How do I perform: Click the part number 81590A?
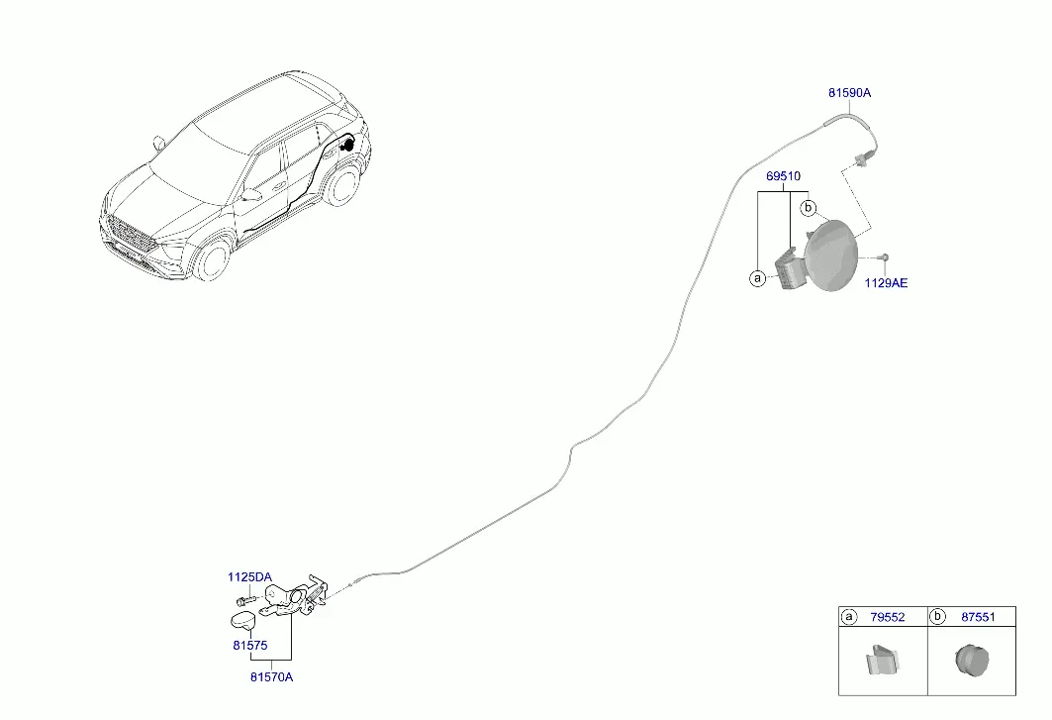(x=849, y=93)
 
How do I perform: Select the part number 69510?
(x=783, y=176)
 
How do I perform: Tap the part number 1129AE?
(x=886, y=283)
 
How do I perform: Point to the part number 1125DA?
(x=249, y=577)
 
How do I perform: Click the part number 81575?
(x=250, y=645)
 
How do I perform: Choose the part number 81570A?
(x=272, y=677)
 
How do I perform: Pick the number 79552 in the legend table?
(x=888, y=617)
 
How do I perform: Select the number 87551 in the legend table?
(x=978, y=617)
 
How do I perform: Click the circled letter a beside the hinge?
(x=757, y=277)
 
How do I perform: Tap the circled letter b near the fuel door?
(x=808, y=208)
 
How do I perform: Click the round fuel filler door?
(x=831, y=256)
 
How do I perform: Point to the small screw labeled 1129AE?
(x=885, y=257)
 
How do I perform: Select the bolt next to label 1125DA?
(x=245, y=599)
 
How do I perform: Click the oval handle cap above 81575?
(x=242, y=621)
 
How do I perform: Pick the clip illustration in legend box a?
(x=882, y=659)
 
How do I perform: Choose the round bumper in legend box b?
(x=972, y=660)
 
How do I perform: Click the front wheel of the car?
(x=214, y=259)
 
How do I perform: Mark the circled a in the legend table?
(x=849, y=617)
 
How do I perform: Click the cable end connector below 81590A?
(x=859, y=159)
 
